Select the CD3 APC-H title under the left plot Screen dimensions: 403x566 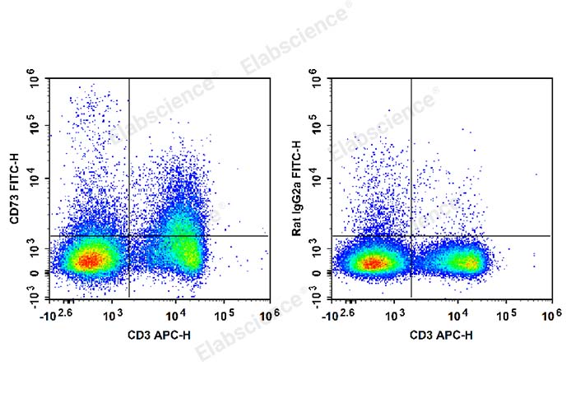coord(158,335)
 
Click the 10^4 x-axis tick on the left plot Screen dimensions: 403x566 coord(175,315)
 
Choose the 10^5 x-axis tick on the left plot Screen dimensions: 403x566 coord(225,315)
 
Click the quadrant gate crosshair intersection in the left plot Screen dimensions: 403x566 coord(129,236)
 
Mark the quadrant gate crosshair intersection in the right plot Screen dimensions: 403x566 coord(411,236)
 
